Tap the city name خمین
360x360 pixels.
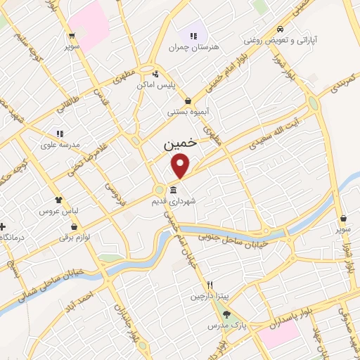(177, 145)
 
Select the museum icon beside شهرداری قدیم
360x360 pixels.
(173, 190)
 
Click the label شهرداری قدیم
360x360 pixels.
(173, 201)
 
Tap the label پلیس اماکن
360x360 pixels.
(155, 85)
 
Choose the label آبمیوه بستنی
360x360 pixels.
(186, 112)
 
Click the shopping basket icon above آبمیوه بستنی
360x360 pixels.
(187, 101)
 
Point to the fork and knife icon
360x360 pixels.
(210, 285)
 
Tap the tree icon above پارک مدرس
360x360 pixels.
(226, 314)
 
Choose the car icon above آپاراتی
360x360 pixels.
(280, 30)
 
